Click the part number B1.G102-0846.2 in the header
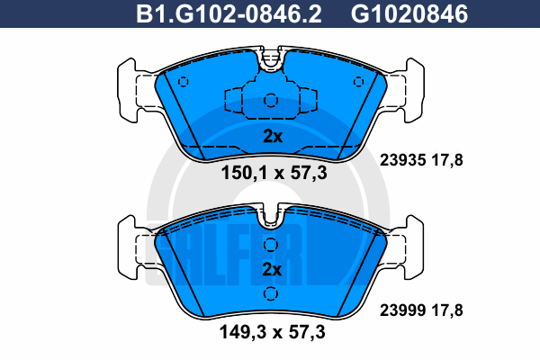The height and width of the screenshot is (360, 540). click(229, 14)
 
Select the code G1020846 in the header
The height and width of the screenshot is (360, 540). click(409, 14)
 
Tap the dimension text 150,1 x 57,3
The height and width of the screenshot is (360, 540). click(274, 173)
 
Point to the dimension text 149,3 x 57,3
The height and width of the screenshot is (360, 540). click(273, 332)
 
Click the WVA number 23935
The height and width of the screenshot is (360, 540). click(402, 160)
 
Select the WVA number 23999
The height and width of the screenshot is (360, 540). click(402, 310)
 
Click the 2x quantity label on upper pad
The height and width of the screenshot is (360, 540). click(273, 137)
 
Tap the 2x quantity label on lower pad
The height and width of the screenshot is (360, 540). click(272, 269)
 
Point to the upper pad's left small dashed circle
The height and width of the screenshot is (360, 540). click(184, 82)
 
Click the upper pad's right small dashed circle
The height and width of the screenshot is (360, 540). click(358, 82)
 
